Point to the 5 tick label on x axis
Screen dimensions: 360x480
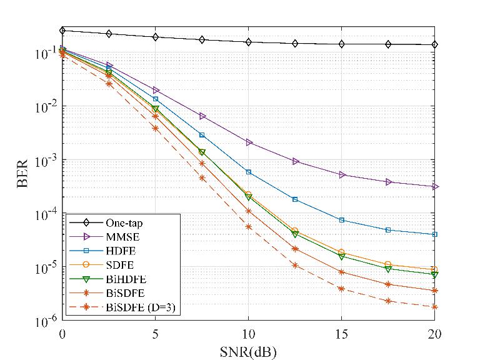pos(155,334)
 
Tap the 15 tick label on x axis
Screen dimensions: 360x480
pos(341,334)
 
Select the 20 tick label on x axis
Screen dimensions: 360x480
pos(434,334)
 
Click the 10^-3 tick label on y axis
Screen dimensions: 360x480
pos(45,160)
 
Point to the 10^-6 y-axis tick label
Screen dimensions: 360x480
pos(45,321)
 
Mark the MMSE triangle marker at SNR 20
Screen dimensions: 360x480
pos(434,187)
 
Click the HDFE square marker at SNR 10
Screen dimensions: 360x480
pos(248,172)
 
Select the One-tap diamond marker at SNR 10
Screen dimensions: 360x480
pos(248,42)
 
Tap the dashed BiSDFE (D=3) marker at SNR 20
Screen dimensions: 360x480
pos(434,307)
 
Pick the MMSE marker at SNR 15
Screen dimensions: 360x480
pos(341,175)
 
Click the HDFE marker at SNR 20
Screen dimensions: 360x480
pos(434,234)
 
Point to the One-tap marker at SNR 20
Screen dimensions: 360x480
pos(434,44)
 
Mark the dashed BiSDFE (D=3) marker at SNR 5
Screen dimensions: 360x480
pos(155,128)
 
